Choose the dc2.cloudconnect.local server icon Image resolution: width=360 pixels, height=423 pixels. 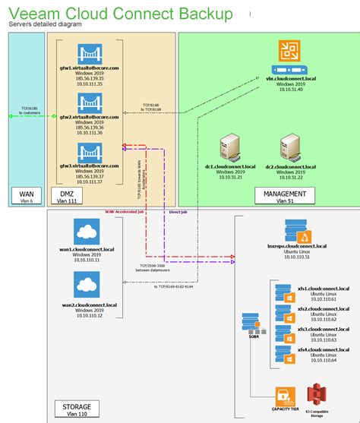pyautogui.click(x=292, y=150)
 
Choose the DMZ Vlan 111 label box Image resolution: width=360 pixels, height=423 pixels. pyautogui.click(x=77, y=197)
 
